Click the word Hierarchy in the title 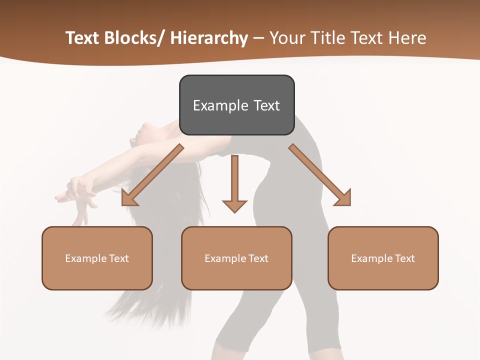[x=209, y=38]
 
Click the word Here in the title [x=408, y=38]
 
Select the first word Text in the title [x=82, y=38]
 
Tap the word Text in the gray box [x=266, y=105]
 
